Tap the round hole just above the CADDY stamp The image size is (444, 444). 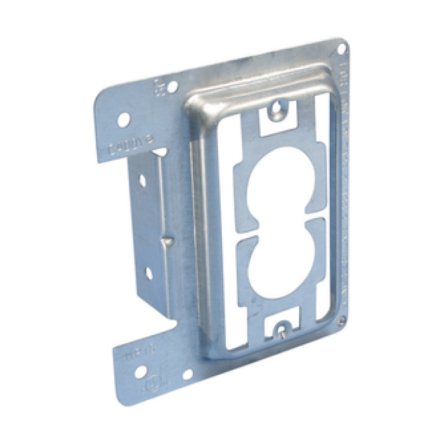coord(124,117)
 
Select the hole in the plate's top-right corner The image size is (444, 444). coord(341,49)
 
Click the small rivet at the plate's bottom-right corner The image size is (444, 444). coord(343,320)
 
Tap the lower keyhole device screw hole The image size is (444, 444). coord(279,330)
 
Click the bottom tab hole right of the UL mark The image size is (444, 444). coord(188,375)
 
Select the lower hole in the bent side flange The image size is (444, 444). coord(147,273)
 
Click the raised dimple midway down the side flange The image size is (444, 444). coord(166,241)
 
